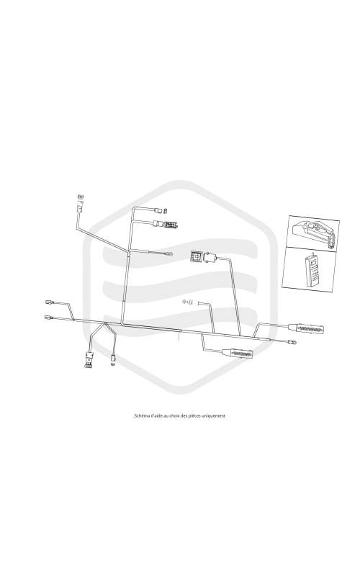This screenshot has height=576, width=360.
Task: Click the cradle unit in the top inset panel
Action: (313, 233)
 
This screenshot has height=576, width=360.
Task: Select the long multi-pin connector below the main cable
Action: (237, 353)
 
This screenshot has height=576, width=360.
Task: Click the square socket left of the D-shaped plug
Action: (197, 256)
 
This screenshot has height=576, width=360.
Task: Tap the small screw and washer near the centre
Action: (187, 302)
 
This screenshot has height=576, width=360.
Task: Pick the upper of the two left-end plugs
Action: (50, 302)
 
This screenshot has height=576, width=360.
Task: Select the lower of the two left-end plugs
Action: (49, 317)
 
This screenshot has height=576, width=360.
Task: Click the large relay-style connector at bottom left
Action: (89, 359)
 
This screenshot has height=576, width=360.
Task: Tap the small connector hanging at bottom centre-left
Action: (113, 359)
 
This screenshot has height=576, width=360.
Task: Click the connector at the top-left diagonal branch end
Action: (80, 204)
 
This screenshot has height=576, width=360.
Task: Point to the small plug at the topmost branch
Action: (162, 210)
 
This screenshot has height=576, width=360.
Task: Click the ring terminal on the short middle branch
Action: (169, 254)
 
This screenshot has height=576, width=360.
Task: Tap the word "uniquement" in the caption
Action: (215, 416)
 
